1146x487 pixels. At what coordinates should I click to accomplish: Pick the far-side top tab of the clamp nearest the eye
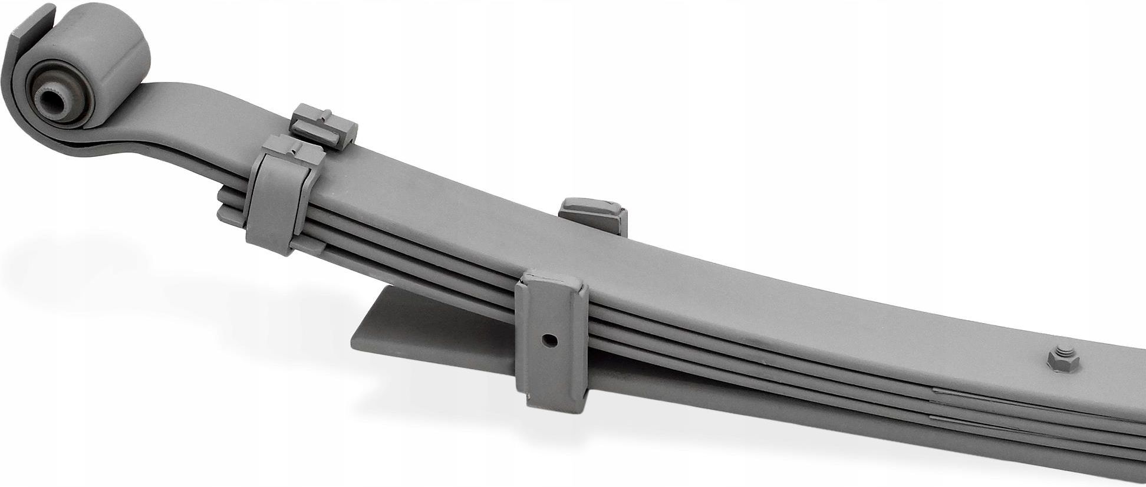click(x=324, y=124)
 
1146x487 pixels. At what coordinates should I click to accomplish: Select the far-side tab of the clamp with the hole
click(x=593, y=215)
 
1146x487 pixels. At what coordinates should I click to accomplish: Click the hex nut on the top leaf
click(x=1063, y=358)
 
